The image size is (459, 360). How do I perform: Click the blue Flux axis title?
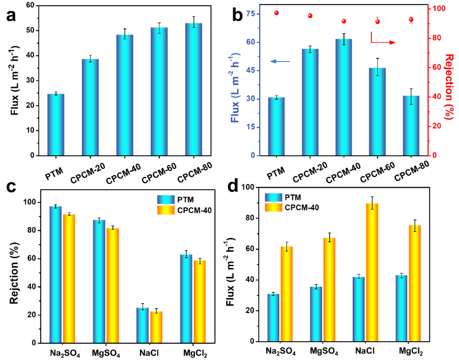pos(235,86)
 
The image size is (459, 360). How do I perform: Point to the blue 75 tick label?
pos(250,14)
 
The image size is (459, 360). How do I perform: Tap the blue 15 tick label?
pos(250,127)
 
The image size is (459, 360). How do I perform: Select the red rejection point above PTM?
pos(276,13)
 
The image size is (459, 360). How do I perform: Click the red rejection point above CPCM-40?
pos(344,21)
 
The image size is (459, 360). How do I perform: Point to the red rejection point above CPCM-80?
pos(411,20)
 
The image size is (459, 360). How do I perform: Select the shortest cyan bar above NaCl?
pos(142,325)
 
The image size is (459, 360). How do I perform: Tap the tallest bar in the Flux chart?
pos(343,97)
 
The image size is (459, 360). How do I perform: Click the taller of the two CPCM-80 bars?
pos(193,89)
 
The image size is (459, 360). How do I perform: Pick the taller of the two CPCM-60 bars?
pos(159,92)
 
